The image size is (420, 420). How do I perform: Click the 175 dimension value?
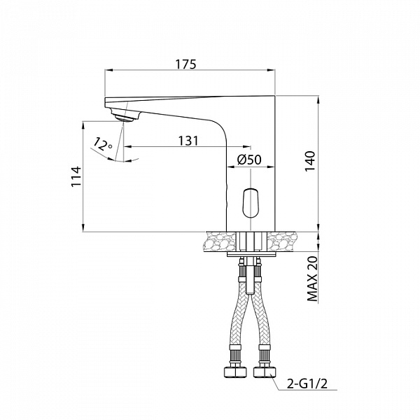pyautogui.click(x=185, y=64)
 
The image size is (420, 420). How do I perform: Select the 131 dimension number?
pyautogui.click(x=188, y=141)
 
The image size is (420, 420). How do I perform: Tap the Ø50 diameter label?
pyautogui.click(x=249, y=160)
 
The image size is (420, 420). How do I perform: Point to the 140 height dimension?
pyautogui.click(x=311, y=162)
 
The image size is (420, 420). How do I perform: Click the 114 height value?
pyautogui.click(x=76, y=176)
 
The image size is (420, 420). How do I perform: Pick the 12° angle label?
pyautogui.click(x=102, y=145)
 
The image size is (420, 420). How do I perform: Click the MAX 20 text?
pyautogui.click(x=311, y=279)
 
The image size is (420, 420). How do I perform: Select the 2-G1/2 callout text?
pyautogui.click(x=307, y=384)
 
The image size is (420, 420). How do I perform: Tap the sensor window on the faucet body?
pyautogui.click(x=250, y=203)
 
